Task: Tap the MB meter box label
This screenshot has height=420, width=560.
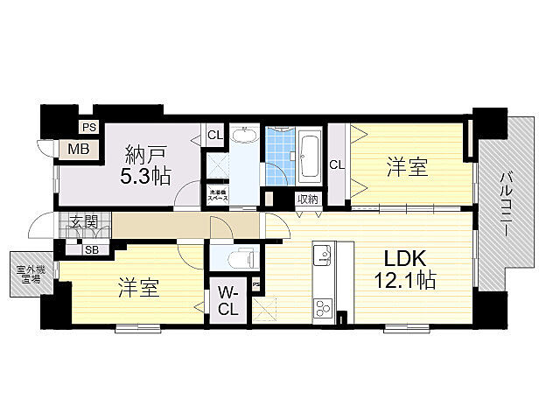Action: point(80,149)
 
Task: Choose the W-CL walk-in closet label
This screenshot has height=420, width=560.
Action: point(227,300)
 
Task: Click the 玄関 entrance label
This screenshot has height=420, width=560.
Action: point(84,220)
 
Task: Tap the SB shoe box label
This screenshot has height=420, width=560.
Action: point(91,249)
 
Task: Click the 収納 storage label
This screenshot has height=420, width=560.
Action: point(307,199)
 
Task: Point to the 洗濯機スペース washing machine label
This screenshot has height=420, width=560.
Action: point(218,196)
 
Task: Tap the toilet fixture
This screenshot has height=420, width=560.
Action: point(241,259)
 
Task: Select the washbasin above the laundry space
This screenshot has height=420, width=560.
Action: point(246,137)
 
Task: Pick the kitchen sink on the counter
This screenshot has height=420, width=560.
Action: point(322,255)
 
